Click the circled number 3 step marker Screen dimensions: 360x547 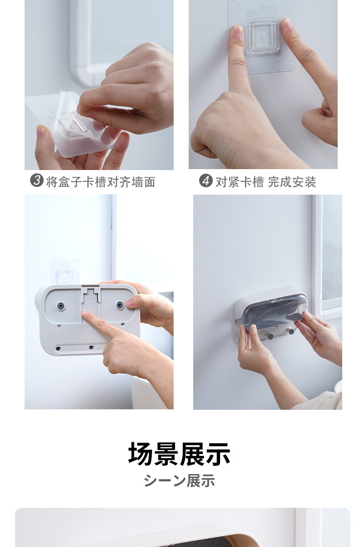pyautogui.click(x=36, y=181)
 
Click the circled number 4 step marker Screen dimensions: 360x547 pyautogui.click(x=206, y=181)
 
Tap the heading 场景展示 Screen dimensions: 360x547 pyautogui.click(x=180, y=454)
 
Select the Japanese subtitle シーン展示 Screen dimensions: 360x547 pyautogui.click(x=180, y=480)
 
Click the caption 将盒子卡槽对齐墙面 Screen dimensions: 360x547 pyautogui.click(x=101, y=182)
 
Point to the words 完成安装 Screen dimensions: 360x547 pyautogui.click(x=292, y=182)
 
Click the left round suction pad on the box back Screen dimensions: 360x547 pyautogui.click(x=61, y=306)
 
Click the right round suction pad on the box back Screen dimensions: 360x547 pyautogui.click(x=119, y=305)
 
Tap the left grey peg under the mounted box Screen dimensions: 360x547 pyautogui.click(x=271, y=336)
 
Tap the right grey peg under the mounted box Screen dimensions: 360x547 pyautogui.click(x=291, y=331)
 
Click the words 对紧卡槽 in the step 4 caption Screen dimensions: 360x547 pyautogui.click(x=240, y=182)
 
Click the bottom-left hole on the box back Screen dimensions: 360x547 pyautogui.click(x=58, y=348)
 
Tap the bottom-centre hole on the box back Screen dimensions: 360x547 pyautogui.click(x=91, y=347)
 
